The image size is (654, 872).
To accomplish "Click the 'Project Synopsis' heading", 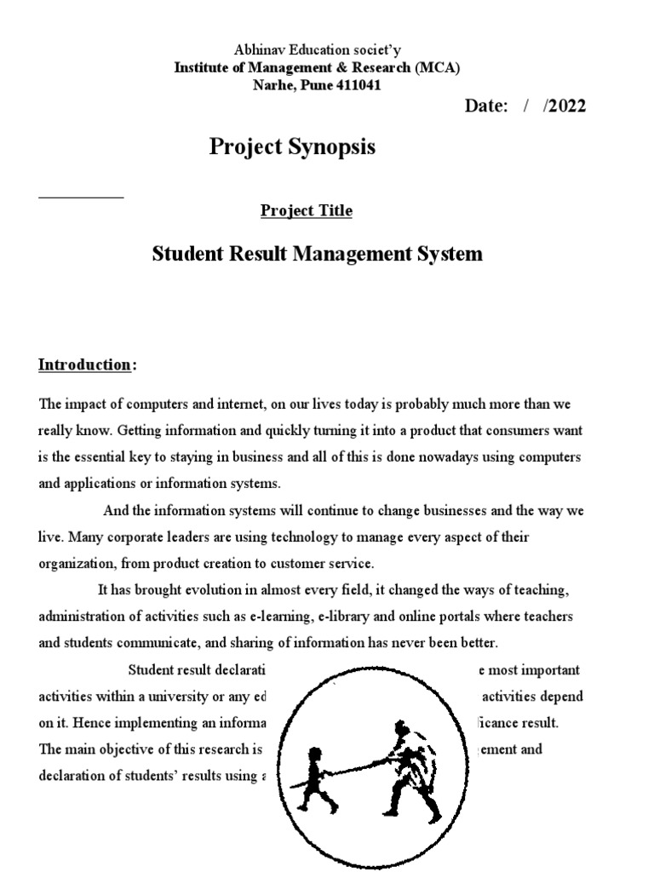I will tap(292, 147).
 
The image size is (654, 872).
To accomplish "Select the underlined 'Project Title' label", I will tap(306, 210).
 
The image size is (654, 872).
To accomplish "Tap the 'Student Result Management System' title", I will tap(317, 254).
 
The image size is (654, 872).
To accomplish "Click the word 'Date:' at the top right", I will tap(485, 106).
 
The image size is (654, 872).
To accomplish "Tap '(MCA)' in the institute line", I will tap(437, 69).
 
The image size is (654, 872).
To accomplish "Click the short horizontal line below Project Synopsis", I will tap(82, 197).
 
